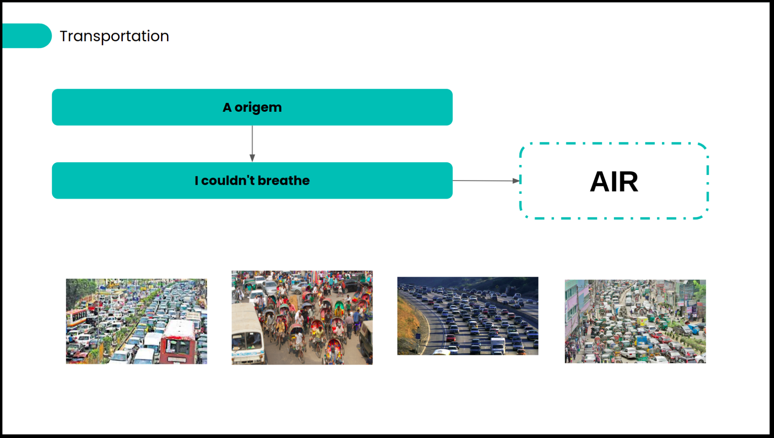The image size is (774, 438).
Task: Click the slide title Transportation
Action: tap(114, 36)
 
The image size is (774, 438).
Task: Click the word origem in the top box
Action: tap(258, 108)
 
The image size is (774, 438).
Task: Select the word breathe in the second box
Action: tap(283, 181)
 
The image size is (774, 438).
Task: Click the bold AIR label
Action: tap(614, 181)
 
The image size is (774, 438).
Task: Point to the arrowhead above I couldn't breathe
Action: tap(252, 158)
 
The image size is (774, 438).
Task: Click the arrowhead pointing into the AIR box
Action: tap(516, 181)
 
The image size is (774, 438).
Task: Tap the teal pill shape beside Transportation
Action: tap(27, 36)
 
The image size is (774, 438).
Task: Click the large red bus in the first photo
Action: tap(178, 342)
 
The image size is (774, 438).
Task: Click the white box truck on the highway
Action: tap(498, 345)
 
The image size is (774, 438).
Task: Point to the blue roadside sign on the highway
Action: tap(418, 336)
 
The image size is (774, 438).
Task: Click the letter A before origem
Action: tap(227, 108)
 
